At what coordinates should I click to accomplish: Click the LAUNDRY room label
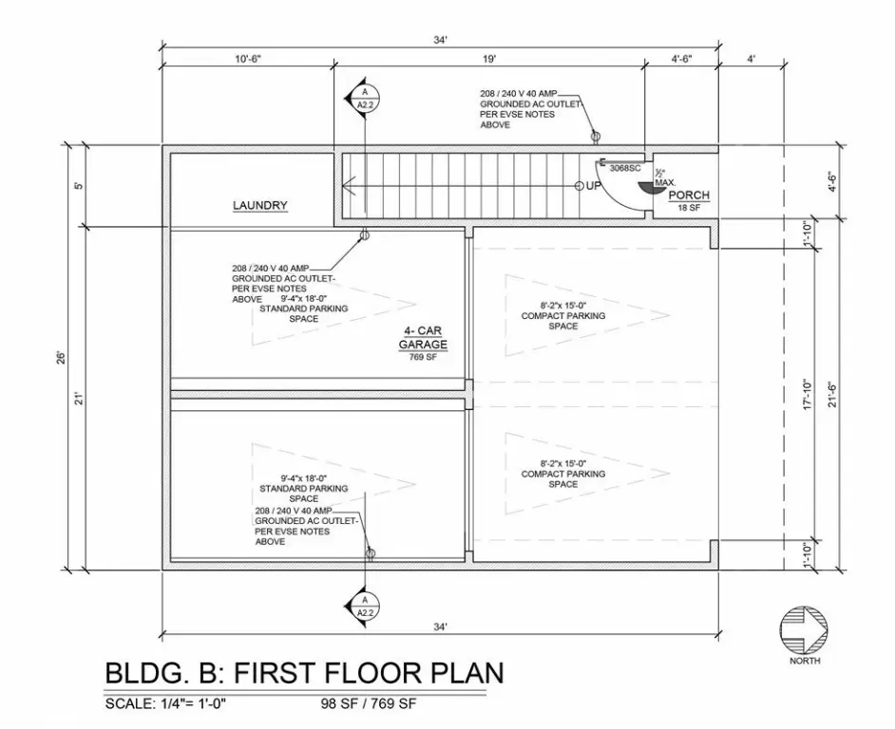[x=259, y=205]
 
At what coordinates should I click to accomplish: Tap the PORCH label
[x=689, y=196]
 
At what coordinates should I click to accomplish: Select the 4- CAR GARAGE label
[x=423, y=338]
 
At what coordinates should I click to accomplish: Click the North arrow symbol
[x=804, y=631]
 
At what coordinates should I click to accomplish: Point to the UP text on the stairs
[x=594, y=186]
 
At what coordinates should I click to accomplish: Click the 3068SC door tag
[x=625, y=168]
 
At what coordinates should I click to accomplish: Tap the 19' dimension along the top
[x=489, y=59]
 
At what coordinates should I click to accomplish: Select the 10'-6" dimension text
[x=248, y=59]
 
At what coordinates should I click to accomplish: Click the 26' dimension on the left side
[x=62, y=358]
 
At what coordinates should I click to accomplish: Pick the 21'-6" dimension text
[x=833, y=394]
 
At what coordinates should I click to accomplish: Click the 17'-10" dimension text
[x=807, y=394]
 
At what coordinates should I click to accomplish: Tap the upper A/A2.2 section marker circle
[x=365, y=98]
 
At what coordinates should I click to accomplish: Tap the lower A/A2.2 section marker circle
[x=365, y=607]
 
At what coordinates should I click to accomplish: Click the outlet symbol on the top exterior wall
[x=596, y=137]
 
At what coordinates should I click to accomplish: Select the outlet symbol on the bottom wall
[x=371, y=552]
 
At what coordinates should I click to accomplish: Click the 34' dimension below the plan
[x=440, y=626]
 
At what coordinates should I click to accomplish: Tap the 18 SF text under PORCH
[x=689, y=208]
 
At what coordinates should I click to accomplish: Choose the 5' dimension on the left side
[x=79, y=185]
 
